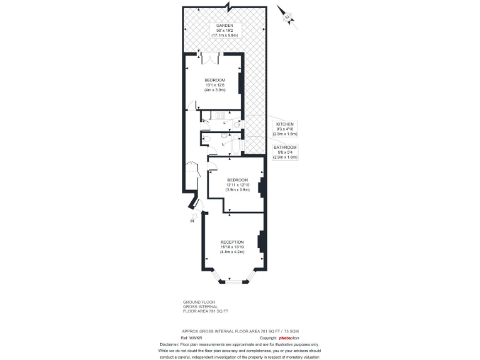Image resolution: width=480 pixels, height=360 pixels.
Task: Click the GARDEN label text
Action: click(x=224, y=25)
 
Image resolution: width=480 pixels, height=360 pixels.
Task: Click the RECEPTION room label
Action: click(x=232, y=242)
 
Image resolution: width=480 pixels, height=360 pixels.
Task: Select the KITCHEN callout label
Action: click(x=285, y=124)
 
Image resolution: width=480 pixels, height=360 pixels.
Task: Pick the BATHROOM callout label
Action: click(x=285, y=147)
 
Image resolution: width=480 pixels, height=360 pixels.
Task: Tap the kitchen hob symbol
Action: click(x=219, y=115)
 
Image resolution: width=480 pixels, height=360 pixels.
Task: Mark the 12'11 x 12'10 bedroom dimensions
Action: click(x=237, y=185)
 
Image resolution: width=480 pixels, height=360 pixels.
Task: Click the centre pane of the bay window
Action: click(x=232, y=281)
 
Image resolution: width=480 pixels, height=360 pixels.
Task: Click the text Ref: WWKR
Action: click(x=189, y=337)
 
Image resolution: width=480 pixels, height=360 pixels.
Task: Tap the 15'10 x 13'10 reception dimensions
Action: click(x=232, y=247)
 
